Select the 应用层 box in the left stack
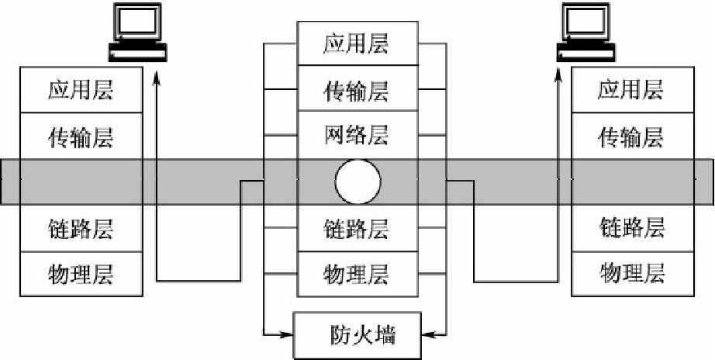click(81, 90)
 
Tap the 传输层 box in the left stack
click(81, 137)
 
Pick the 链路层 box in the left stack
click(81, 229)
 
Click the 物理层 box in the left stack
click(81, 273)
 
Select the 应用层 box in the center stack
click(356, 43)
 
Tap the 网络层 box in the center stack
click(356, 135)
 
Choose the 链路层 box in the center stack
click(356, 228)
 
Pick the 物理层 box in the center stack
click(356, 273)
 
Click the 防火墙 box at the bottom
click(357, 335)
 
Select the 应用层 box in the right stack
click(630, 90)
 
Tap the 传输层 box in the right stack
click(630, 137)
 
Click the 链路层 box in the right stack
click(630, 229)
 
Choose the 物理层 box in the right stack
click(630, 273)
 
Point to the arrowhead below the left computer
click(156, 78)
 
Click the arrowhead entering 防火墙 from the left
click(286, 335)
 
